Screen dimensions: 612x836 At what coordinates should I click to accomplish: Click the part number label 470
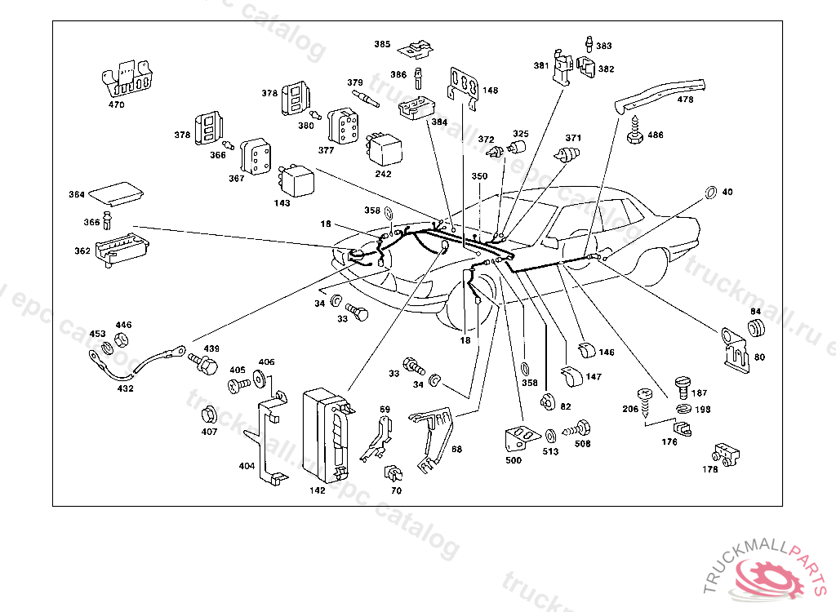(x=116, y=104)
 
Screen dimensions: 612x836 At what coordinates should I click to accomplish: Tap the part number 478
(x=685, y=100)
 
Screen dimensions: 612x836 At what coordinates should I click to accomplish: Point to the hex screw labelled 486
(x=635, y=133)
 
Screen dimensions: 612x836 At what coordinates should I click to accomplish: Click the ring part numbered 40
(x=710, y=193)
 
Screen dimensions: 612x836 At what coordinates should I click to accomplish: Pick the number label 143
(x=282, y=203)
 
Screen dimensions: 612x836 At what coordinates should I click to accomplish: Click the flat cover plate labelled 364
(x=116, y=193)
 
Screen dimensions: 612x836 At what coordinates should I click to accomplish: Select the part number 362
(x=82, y=251)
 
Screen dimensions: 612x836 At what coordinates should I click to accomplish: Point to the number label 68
(x=456, y=449)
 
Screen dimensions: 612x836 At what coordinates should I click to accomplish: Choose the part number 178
(x=710, y=469)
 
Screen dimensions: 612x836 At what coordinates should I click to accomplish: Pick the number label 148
(x=490, y=91)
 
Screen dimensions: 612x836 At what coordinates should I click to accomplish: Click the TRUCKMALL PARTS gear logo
(x=766, y=570)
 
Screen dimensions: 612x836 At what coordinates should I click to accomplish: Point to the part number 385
(x=383, y=44)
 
